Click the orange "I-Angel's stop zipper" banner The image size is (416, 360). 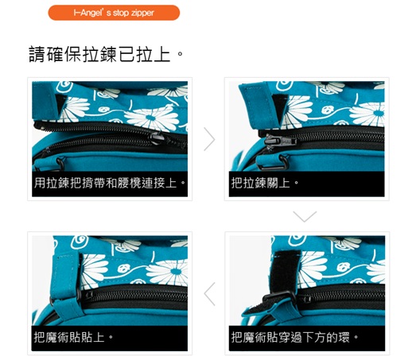[114, 13]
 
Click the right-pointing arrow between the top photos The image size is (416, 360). [209, 139]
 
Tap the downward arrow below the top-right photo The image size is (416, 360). [305, 216]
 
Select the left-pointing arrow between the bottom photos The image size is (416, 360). [209, 294]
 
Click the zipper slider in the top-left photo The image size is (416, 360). [157, 138]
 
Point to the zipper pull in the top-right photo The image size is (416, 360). [280, 140]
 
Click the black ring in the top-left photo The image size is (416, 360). [61, 163]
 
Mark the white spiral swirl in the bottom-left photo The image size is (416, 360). [80, 242]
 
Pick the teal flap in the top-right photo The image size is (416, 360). [261, 106]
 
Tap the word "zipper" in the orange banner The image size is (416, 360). [142, 13]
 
